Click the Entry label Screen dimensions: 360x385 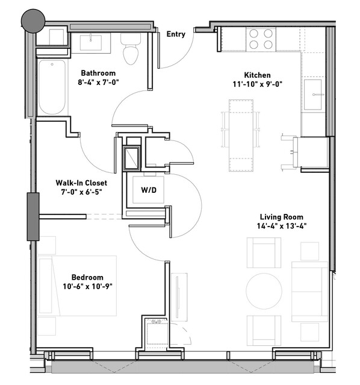tap(176, 34)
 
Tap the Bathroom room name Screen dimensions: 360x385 tap(98, 73)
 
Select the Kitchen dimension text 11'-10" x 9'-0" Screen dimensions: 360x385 tap(258, 84)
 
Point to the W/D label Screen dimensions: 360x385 tap(149, 190)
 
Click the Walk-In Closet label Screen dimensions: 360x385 tap(81, 183)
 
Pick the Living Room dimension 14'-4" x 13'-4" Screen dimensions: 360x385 tap(282, 226)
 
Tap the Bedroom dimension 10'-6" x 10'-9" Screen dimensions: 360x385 tap(87, 287)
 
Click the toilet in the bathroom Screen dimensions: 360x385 tap(131, 49)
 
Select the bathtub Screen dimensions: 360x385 tap(52, 87)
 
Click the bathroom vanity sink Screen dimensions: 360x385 tap(91, 43)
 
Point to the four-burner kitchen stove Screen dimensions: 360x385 tap(261, 39)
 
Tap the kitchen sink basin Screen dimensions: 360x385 tap(313, 95)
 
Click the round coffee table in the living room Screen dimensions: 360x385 tap(264, 291)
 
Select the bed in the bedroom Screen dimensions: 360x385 tap(78, 286)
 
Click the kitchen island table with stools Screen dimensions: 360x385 tap(241, 136)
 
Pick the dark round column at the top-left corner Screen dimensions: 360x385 tap(33, 21)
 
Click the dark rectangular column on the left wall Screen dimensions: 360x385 tap(33, 216)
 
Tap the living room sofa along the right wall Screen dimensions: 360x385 tap(309, 292)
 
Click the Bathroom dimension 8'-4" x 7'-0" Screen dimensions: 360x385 tap(98, 83)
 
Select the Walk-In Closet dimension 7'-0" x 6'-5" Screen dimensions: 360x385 tap(81, 192)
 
